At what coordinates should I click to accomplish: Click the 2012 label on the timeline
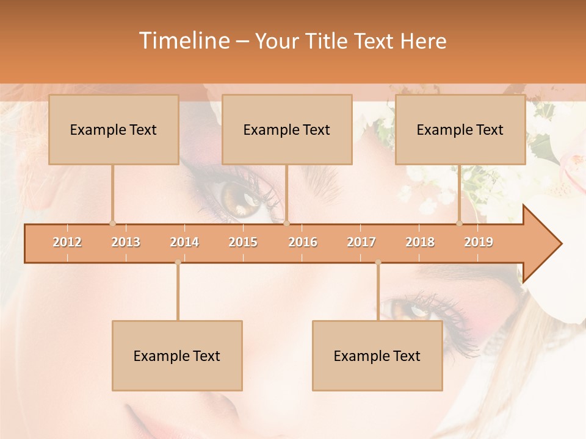(67, 242)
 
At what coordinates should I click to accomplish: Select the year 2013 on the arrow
(126, 242)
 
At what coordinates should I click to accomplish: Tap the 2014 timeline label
(184, 242)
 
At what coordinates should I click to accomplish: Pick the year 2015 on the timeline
(243, 242)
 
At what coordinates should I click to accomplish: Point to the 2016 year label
(303, 242)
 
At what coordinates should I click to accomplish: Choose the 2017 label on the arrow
(361, 242)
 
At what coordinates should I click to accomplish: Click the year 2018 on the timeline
(420, 242)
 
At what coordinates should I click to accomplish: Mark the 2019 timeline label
(479, 242)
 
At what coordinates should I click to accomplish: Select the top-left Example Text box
(114, 129)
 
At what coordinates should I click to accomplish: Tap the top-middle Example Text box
(287, 129)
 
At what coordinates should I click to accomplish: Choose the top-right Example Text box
(460, 129)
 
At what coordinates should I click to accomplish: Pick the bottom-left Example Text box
(177, 355)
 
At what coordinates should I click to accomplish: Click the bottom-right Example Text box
(377, 355)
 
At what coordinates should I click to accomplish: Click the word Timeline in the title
(183, 41)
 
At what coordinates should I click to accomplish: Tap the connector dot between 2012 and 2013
(112, 223)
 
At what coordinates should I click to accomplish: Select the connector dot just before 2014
(178, 262)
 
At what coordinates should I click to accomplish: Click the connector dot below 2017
(378, 262)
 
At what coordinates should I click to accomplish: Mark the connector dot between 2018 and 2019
(460, 223)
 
